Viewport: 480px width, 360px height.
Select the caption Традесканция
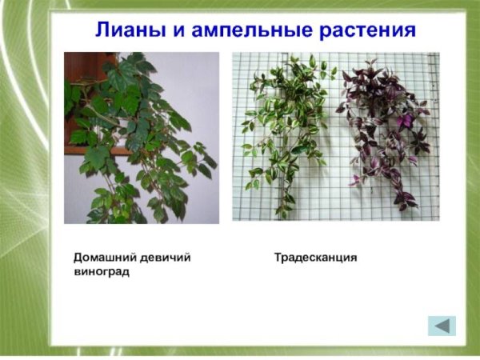pos(315,258)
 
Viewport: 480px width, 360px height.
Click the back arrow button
pos(441,326)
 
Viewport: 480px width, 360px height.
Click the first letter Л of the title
pos(102,31)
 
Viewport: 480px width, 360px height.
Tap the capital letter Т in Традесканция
pos(278,258)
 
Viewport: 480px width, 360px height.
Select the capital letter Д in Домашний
pos(78,258)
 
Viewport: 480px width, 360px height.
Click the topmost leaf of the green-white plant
pos(310,60)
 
